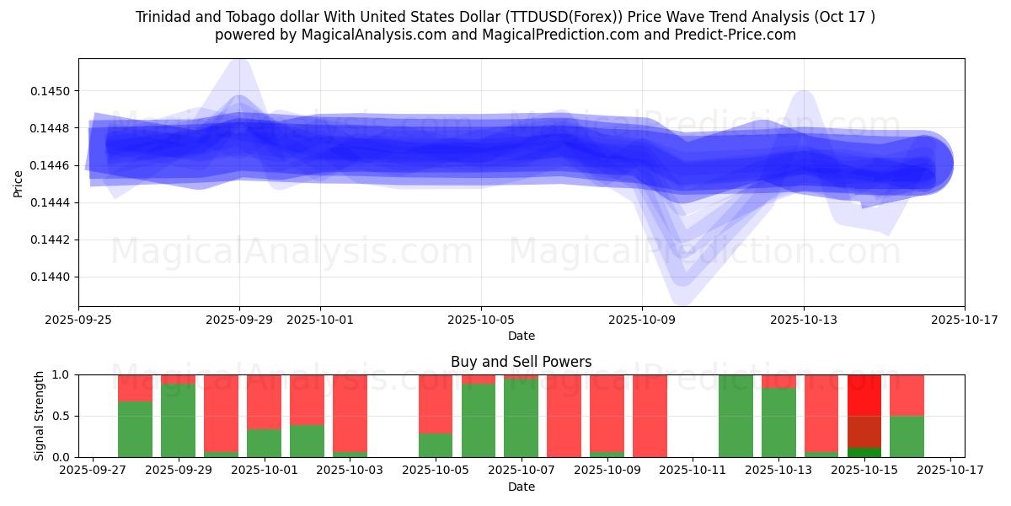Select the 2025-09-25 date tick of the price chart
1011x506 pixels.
tap(79, 320)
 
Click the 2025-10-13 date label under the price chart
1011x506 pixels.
tap(803, 320)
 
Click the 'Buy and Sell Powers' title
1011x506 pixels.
tap(521, 362)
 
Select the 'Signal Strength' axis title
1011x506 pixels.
tap(40, 415)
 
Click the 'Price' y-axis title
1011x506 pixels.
tap(19, 182)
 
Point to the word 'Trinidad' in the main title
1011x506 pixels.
tap(163, 17)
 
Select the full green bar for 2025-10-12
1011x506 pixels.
tap(736, 416)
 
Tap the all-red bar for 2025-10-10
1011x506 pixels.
tap(650, 416)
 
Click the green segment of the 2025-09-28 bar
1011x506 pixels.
tap(135, 429)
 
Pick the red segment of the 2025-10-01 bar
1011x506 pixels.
tap(264, 401)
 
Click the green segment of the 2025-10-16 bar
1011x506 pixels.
tap(907, 436)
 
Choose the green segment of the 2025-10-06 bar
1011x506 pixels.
tap(479, 420)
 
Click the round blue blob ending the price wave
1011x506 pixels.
tap(924, 164)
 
